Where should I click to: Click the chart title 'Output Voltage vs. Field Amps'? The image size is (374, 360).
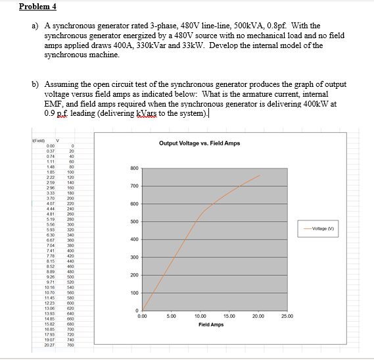200,143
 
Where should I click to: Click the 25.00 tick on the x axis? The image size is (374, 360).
287,317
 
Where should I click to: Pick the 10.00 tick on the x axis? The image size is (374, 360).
200,317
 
